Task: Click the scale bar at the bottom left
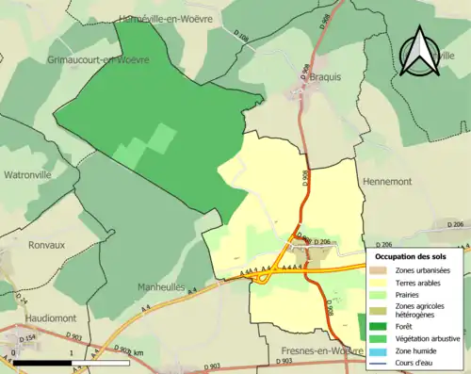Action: pos(71,362)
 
